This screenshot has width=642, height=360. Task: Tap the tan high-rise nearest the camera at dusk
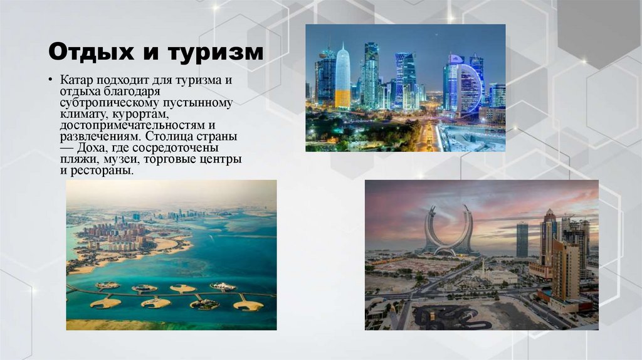pyautogui.click(x=567, y=270)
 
